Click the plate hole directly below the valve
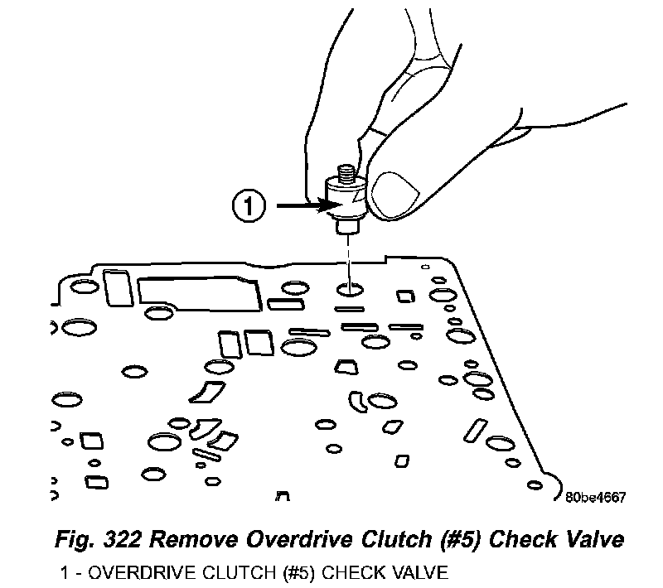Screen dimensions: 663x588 click(x=350, y=290)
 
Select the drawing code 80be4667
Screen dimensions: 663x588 click(x=594, y=498)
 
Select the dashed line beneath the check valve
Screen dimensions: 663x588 click(x=349, y=253)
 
